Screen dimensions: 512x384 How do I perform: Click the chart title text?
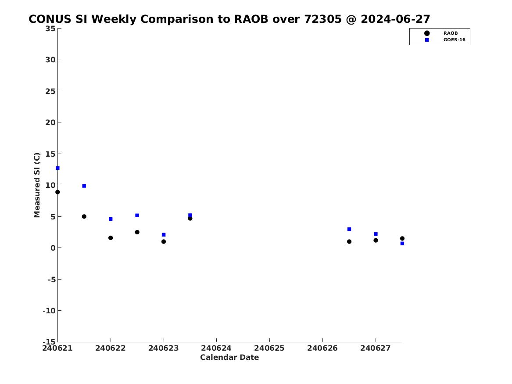(x=229, y=19)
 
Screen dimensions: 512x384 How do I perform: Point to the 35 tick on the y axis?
(x=50, y=29)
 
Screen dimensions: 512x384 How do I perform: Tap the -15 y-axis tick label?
(x=49, y=342)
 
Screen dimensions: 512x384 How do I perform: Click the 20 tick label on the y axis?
(x=50, y=122)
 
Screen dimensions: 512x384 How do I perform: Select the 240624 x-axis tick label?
(x=216, y=348)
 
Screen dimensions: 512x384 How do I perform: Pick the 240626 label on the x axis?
(x=322, y=348)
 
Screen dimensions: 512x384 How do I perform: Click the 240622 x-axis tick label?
(x=111, y=348)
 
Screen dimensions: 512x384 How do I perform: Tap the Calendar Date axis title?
(x=229, y=358)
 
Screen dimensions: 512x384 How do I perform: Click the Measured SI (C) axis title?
(x=37, y=185)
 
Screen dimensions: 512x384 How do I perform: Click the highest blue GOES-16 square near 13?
(x=57, y=168)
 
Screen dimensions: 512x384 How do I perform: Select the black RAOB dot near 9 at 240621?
(x=57, y=192)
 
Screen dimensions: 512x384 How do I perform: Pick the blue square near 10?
(x=84, y=186)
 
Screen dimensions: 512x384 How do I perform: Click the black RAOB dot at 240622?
(x=111, y=238)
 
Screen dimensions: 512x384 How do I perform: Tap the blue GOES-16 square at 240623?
(x=164, y=235)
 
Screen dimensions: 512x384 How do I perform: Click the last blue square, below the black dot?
(x=402, y=244)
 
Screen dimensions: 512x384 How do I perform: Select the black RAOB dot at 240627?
(x=376, y=240)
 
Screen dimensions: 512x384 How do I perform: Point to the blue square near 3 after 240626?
(x=349, y=229)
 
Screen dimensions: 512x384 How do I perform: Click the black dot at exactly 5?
(x=84, y=216)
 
